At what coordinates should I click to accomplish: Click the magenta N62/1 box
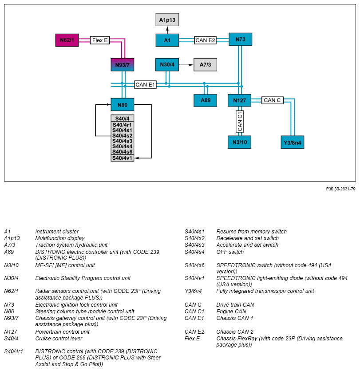pos(67,40)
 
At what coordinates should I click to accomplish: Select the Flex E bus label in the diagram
pos(100,40)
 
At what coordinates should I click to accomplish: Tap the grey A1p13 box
pos(167,20)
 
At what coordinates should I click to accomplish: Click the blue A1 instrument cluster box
pos(167,40)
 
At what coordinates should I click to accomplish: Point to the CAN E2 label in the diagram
pos(205,40)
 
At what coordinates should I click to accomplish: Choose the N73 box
pos(241,39)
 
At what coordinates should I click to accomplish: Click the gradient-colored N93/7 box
pos(123,65)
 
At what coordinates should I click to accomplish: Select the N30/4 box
pos(167,65)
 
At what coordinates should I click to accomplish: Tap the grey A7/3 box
pos(205,65)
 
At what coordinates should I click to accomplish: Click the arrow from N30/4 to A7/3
pos(186,65)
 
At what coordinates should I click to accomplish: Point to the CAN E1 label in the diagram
pos(145,84)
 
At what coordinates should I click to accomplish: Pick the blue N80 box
pos(123,105)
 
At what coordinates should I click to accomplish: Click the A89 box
pos(205,100)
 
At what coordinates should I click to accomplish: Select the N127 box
pos(240,100)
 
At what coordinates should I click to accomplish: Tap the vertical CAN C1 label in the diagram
pos(240,122)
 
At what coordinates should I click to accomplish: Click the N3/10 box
pos(240,142)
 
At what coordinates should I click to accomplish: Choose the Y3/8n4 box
pos(293,142)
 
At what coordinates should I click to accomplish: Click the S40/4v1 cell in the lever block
pos(123,158)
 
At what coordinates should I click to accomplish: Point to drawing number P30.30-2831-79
pos(340,189)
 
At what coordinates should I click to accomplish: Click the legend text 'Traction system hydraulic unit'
pos(71,245)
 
